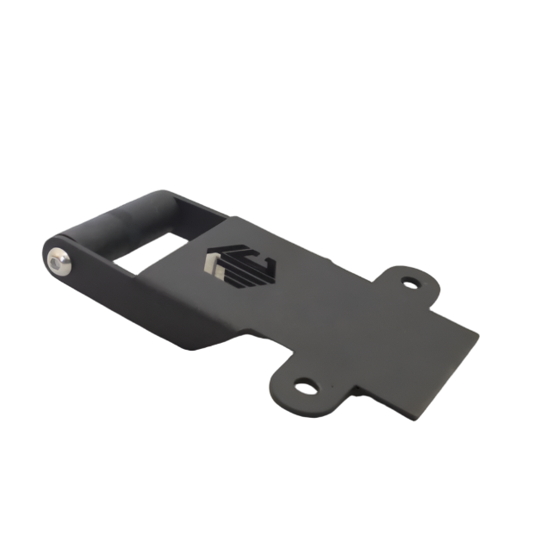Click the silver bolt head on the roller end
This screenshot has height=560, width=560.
pos(59,261)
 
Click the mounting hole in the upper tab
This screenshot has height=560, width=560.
pos(408,282)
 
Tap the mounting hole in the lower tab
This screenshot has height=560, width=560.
pos(303,386)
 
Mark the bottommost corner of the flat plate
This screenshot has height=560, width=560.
pos(420,422)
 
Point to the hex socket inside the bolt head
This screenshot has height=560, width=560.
pos(59,261)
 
